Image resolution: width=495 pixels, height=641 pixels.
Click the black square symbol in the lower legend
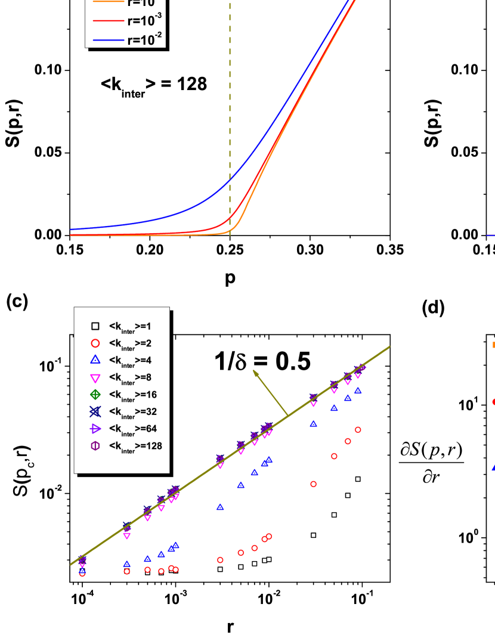tap(95, 326)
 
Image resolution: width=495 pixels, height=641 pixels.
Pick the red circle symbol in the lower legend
tap(95, 343)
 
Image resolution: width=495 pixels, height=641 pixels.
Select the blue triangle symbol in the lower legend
tap(95, 360)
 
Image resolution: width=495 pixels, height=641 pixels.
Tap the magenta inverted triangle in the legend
tap(95, 377)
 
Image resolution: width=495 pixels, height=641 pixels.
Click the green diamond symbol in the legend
tap(95, 394)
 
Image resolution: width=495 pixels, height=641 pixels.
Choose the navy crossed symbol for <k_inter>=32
tap(95, 411)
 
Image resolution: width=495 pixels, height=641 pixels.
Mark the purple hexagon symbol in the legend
tap(95, 445)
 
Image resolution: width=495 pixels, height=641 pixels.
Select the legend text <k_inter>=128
tap(135, 446)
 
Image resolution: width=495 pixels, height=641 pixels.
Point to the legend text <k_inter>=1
tap(131, 327)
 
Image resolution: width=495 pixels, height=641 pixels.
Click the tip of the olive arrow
tap(255, 371)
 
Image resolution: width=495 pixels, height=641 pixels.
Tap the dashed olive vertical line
tap(230, 119)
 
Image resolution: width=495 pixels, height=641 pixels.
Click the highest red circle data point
tap(358, 429)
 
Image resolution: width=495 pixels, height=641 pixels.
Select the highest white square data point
tap(358, 479)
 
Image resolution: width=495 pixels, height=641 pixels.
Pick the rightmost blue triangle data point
tap(358, 391)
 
